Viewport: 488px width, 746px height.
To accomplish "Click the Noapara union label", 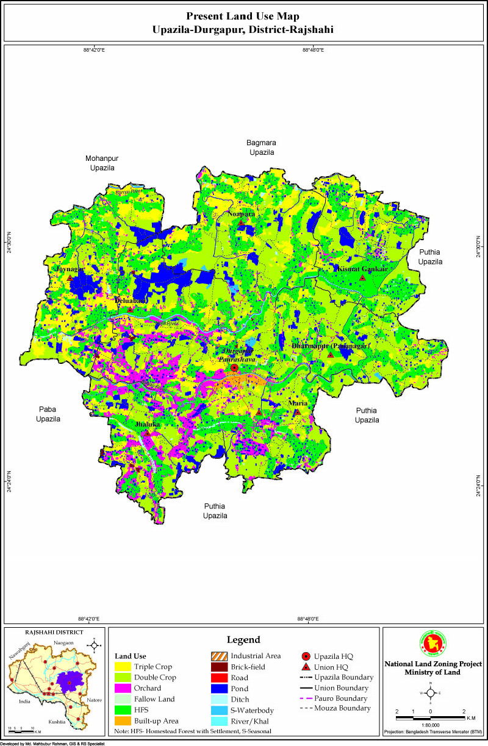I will [242, 215].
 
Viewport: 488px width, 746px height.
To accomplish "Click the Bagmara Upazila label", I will [261, 147].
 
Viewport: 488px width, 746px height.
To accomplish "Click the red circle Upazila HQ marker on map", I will [234, 368].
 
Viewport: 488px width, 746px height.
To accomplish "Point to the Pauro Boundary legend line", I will [308, 698].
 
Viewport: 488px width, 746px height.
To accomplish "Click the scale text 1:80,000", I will [431, 723].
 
